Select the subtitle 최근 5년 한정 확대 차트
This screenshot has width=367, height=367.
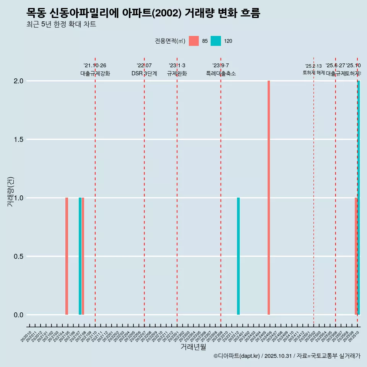(x=61, y=24)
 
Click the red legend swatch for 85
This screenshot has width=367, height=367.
(x=194, y=41)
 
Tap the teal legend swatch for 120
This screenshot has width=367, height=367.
(x=216, y=41)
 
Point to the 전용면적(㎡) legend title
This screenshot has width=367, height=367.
(x=170, y=41)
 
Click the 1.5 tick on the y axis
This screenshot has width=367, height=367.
(x=18, y=140)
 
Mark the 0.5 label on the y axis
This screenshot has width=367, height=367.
(x=18, y=257)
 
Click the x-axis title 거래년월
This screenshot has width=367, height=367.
(x=193, y=347)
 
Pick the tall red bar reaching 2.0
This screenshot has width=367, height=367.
(x=269, y=198)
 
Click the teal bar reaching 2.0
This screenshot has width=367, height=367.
(x=359, y=198)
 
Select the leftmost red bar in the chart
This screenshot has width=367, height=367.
(x=67, y=256)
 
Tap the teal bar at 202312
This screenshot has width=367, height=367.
(x=238, y=256)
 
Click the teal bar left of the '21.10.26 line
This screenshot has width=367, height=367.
(x=80, y=256)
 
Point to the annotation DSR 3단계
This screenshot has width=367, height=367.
(x=144, y=73)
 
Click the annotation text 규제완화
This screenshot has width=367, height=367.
(x=177, y=73)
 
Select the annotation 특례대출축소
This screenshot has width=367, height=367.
(x=221, y=73)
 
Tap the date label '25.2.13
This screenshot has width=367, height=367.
(x=313, y=66)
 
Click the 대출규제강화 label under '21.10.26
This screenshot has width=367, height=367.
(x=95, y=73)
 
